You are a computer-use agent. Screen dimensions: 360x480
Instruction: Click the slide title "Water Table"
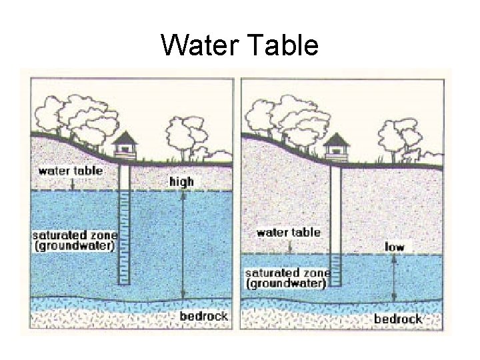click(x=240, y=46)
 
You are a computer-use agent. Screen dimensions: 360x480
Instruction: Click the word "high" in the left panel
click(x=181, y=181)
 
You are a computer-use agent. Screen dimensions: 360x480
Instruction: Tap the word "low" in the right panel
click(x=395, y=247)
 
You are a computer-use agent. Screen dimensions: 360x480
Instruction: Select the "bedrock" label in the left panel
click(x=203, y=316)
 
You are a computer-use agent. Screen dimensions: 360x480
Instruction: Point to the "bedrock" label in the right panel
click(x=398, y=319)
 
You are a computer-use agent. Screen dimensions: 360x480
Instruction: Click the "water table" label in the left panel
click(x=71, y=171)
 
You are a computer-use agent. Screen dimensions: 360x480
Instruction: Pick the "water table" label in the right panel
click(x=288, y=233)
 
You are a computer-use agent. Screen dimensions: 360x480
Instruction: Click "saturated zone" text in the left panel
click(x=75, y=235)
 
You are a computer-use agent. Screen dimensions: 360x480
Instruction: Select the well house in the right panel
click(x=335, y=147)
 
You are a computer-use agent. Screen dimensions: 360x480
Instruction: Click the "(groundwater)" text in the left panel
click(x=75, y=245)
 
